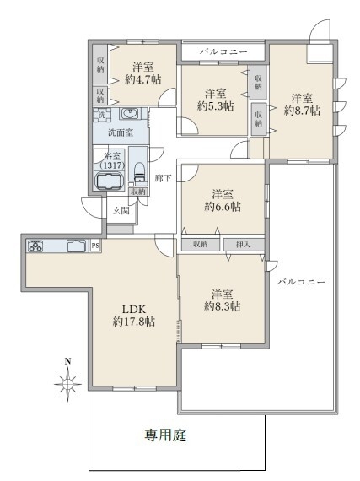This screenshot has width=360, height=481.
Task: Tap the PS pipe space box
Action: point(95,246)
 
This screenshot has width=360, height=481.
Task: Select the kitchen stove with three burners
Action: point(35,246)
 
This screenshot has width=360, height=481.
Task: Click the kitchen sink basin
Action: point(76,246)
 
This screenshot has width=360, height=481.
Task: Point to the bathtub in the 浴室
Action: point(110,181)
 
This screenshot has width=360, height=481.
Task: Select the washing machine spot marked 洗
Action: point(102,115)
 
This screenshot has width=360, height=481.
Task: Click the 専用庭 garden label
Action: point(165,435)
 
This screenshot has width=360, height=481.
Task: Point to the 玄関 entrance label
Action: point(121,210)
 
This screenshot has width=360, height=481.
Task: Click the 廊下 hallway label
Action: point(163,178)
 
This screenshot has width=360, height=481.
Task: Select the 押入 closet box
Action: point(244,245)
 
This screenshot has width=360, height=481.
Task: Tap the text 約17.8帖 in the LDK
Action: point(134,322)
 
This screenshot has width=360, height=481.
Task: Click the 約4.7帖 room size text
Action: point(143,80)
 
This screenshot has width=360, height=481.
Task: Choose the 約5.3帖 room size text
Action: point(215,106)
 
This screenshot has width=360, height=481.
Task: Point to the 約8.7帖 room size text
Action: point(302,111)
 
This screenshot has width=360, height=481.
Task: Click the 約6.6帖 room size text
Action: point(223,207)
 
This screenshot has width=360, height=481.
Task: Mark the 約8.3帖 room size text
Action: point(222,306)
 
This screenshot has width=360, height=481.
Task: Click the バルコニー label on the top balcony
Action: point(223,51)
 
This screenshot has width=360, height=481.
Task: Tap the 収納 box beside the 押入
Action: point(201,245)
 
